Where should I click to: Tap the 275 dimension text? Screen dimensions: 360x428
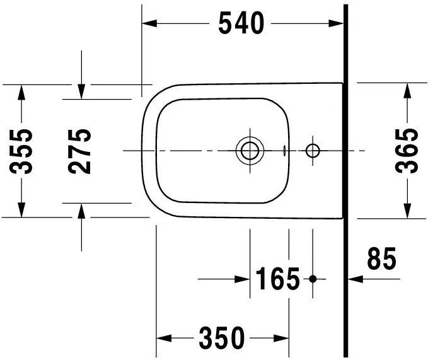tap(80, 151)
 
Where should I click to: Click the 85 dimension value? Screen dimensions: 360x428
tap(381, 260)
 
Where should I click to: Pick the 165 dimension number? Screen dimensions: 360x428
tap(277, 279)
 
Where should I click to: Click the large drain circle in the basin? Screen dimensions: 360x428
tap(249, 151)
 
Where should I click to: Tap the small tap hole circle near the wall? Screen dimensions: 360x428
tap(313, 151)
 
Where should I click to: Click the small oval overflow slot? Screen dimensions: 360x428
tap(286, 151)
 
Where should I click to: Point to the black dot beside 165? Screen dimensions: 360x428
tap(313, 278)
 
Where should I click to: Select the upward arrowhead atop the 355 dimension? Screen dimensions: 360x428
tap(23, 92)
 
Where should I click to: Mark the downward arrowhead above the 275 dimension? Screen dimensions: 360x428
tap(81, 91)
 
